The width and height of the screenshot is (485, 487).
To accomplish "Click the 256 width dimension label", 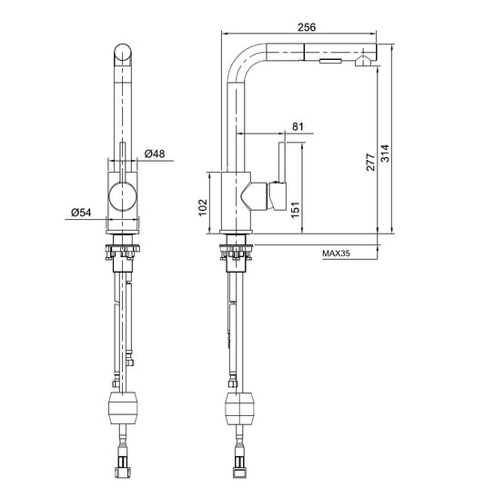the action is pos(307,27).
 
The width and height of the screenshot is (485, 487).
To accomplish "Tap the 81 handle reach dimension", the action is pos(298,126).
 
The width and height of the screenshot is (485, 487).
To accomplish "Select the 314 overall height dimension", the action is pos(385,154).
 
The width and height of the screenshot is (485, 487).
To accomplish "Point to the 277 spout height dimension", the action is pos(370,162).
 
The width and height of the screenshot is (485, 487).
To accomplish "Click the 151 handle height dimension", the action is pos(295,210).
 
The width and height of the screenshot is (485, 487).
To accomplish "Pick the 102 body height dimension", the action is pos(203,207).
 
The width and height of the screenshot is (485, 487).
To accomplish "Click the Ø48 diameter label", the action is pos(155,154).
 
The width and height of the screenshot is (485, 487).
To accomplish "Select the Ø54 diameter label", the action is pos(81,213).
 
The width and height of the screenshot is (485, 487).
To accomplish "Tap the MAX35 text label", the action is pos(336,253).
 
